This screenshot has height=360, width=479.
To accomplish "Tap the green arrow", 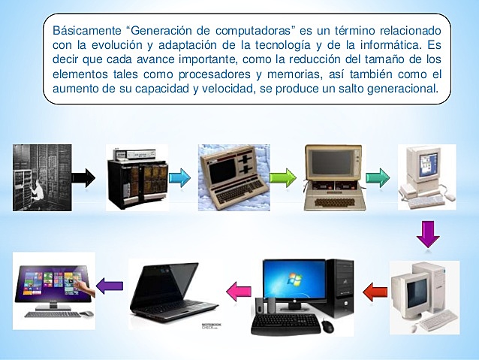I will coord(282,179).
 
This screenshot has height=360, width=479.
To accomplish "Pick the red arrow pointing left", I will coord(375,289).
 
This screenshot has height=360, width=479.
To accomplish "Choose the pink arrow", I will coord(239,289).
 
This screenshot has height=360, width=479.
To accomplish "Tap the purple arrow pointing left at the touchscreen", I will coord(110,286).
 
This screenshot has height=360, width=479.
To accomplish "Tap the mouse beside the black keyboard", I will coord(328,326).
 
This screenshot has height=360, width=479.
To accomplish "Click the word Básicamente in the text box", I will coord(85,31).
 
